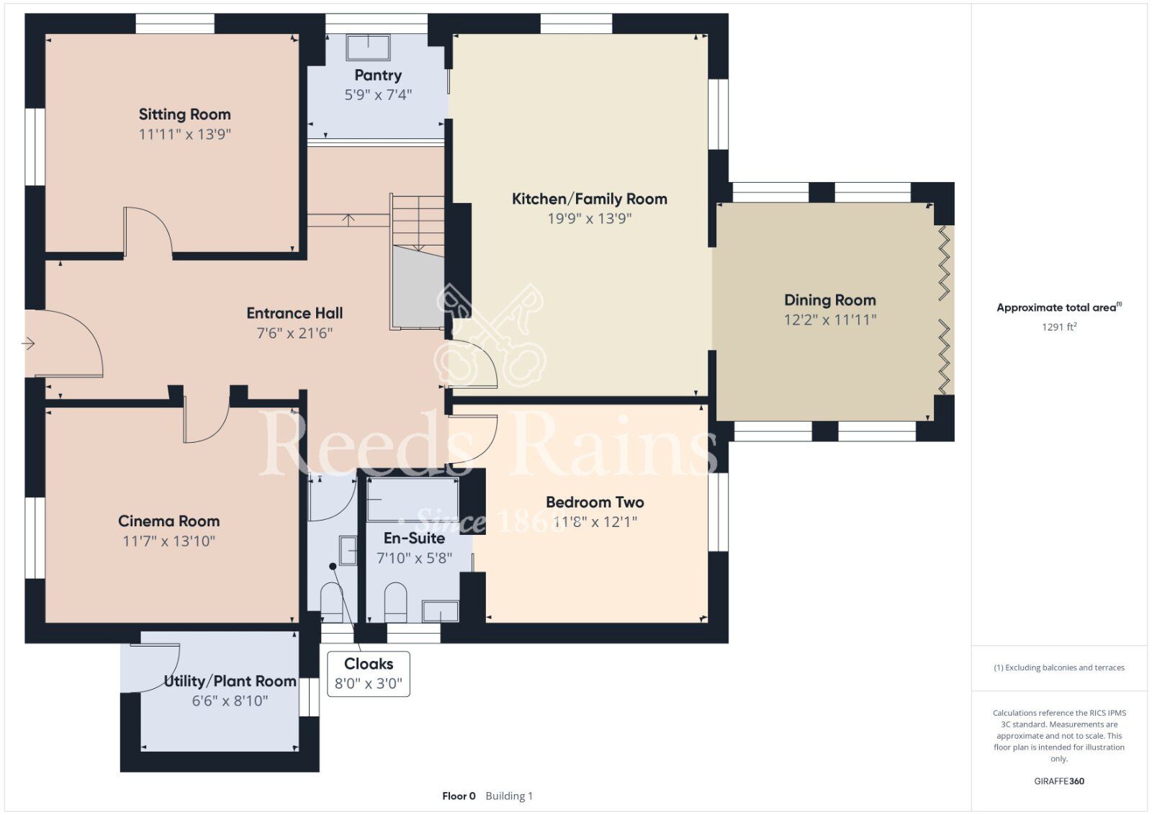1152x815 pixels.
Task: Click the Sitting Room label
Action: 184,114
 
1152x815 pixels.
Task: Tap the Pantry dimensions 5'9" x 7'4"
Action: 378,94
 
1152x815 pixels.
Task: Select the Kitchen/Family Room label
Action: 590,199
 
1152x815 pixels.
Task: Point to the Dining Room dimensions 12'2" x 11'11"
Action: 830,320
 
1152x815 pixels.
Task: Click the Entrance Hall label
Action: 294,313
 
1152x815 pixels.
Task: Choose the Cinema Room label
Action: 169,521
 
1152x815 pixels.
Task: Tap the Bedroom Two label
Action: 595,502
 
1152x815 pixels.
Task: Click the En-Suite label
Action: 415,539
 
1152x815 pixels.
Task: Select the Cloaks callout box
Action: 369,674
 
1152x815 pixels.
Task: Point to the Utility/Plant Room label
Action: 230,681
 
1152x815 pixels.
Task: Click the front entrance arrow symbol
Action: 28,343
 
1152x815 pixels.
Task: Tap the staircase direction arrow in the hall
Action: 348,220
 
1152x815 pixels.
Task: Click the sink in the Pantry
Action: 368,48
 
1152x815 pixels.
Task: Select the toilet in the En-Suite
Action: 395,602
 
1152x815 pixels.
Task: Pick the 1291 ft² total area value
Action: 1059,327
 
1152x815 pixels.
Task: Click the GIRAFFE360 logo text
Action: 1059,781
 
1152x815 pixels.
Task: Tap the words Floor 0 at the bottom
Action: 459,796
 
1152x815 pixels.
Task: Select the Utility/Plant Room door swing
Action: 154,667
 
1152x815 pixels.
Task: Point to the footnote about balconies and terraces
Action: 1059,667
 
